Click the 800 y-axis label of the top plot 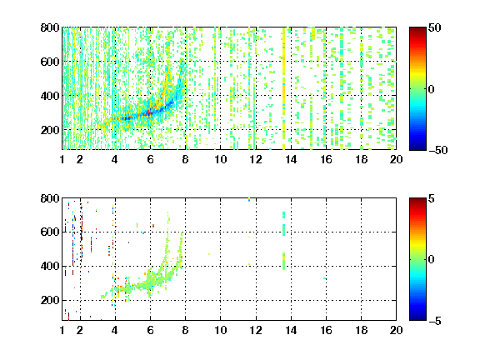click(50, 27)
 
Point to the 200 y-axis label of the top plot click(50, 130)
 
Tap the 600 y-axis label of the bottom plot click(50, 232)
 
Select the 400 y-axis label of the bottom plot click(50, 266)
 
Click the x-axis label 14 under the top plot click(291, 159)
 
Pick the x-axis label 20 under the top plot click(396, 159)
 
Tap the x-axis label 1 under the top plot click(62, 159)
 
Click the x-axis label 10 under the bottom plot click(220, 330)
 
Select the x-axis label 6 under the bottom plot click(150, 330)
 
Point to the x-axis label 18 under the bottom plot click(361, 330)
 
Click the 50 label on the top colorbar click(435, 27)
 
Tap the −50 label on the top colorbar click(437, 150)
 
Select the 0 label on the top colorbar click(432, 89)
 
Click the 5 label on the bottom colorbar click(432, 198)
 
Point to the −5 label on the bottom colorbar click(435, 321)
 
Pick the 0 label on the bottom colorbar click(432, 260)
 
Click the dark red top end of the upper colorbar click(417, 29)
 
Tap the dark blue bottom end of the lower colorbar click(417, 318)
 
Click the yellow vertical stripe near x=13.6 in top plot click(284, 88)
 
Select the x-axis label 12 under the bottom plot click(256, 330)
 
